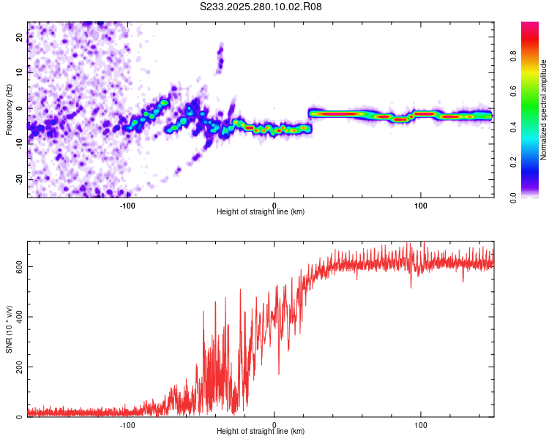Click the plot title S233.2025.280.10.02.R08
click(x=261, y=7)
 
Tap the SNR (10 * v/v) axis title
click(x=9, y=329)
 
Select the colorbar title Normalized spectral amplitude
click(x=544, y=110)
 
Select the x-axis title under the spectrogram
click(x=261, y=212)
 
